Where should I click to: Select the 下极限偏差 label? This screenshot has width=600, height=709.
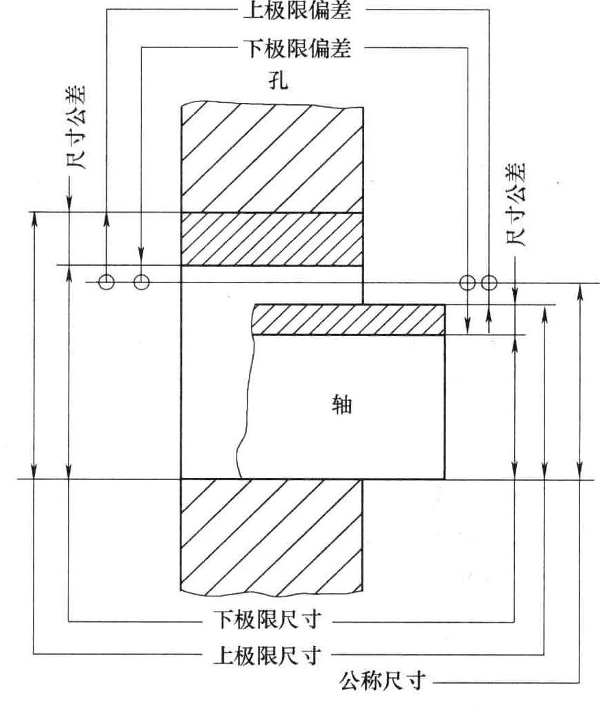[x=296, y=49]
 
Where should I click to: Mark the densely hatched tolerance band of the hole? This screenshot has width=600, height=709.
[x=271, y=238]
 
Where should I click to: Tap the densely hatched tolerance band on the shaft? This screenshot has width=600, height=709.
[x=348, y=320]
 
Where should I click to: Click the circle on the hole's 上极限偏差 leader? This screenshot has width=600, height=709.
[x=106, y=282]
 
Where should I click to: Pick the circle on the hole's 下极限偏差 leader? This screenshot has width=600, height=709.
[x=141, y=282]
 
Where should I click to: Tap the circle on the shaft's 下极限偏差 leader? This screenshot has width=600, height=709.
[x=468, y=282]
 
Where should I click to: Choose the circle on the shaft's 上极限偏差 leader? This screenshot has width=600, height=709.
[x=488, y=282]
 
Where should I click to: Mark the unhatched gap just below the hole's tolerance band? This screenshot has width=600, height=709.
[x=271, y=273]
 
